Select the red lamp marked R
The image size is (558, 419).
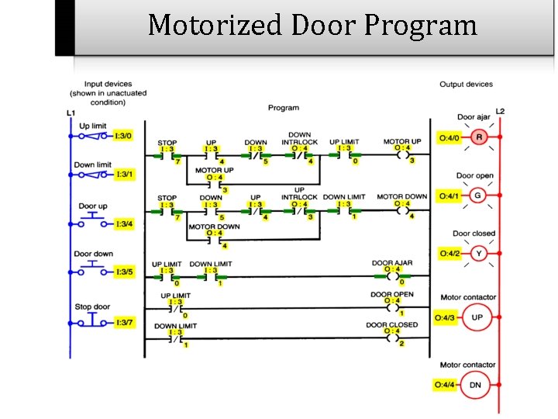478,138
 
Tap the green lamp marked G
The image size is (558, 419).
477,196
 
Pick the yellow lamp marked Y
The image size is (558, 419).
477,253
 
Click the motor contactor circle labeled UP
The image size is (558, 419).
477,318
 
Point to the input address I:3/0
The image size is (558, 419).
122,136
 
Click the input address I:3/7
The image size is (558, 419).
122,322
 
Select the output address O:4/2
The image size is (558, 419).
449,253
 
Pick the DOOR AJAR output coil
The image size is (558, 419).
392,275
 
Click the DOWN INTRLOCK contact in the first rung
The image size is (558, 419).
300,154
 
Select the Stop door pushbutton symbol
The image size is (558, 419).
93,320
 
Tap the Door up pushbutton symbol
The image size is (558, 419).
93,222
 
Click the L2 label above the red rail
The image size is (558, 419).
500,112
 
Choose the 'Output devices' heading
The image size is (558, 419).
466,84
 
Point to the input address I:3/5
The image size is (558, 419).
122,272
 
